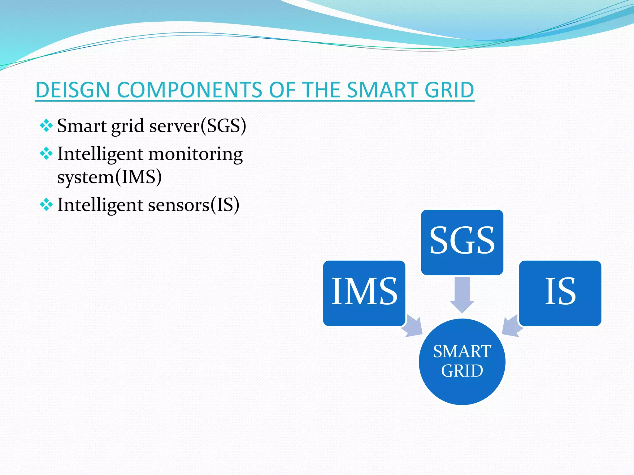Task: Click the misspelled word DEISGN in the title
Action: tap(73, 90)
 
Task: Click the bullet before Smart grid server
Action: tap(46, 126)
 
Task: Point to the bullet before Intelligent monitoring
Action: tap(46, 154)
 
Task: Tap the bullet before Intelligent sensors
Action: tap(46, 205)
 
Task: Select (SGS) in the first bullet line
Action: tap(223, 126)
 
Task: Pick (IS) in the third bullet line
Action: tap(225, 205)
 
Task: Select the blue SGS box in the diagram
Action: tap(462, 242)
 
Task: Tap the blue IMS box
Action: tap(364, 293)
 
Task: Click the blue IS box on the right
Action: tap(560, 293)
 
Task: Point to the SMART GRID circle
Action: tap(462, 362)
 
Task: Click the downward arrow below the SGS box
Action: tap(462, 294)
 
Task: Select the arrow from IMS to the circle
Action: tap(413, 327)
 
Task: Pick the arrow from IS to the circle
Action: tap(511, 326)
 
